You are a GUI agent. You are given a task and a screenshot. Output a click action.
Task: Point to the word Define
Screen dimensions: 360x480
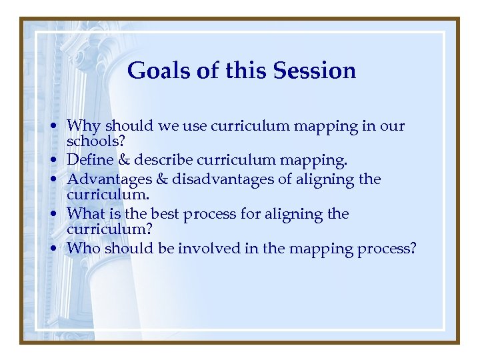(89, 161)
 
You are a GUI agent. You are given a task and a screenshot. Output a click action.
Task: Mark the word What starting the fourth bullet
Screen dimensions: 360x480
(86, 214)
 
